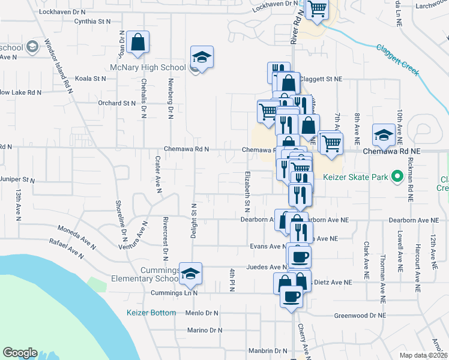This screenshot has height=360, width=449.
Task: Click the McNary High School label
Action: click(x=143, y=67)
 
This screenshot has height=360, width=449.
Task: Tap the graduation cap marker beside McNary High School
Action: click(x=202, y=58)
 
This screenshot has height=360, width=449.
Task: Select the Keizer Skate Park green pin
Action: click(x=396, y=177)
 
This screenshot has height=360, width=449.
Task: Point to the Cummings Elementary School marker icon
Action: click(x=190, y=274)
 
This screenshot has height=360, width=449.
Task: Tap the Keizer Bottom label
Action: click(x=151, y=313)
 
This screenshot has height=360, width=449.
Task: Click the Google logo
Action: click(x=20, y=353)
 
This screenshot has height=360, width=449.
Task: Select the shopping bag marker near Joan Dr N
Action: click(x=137, y=43)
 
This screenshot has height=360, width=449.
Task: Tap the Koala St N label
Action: click(x=91, y=79)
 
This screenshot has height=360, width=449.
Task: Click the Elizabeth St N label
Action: click(x=247, y=191)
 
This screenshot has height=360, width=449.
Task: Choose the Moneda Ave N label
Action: click(x=76, y=236)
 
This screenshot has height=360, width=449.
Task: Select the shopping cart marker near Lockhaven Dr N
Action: click(x=316, y=9)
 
